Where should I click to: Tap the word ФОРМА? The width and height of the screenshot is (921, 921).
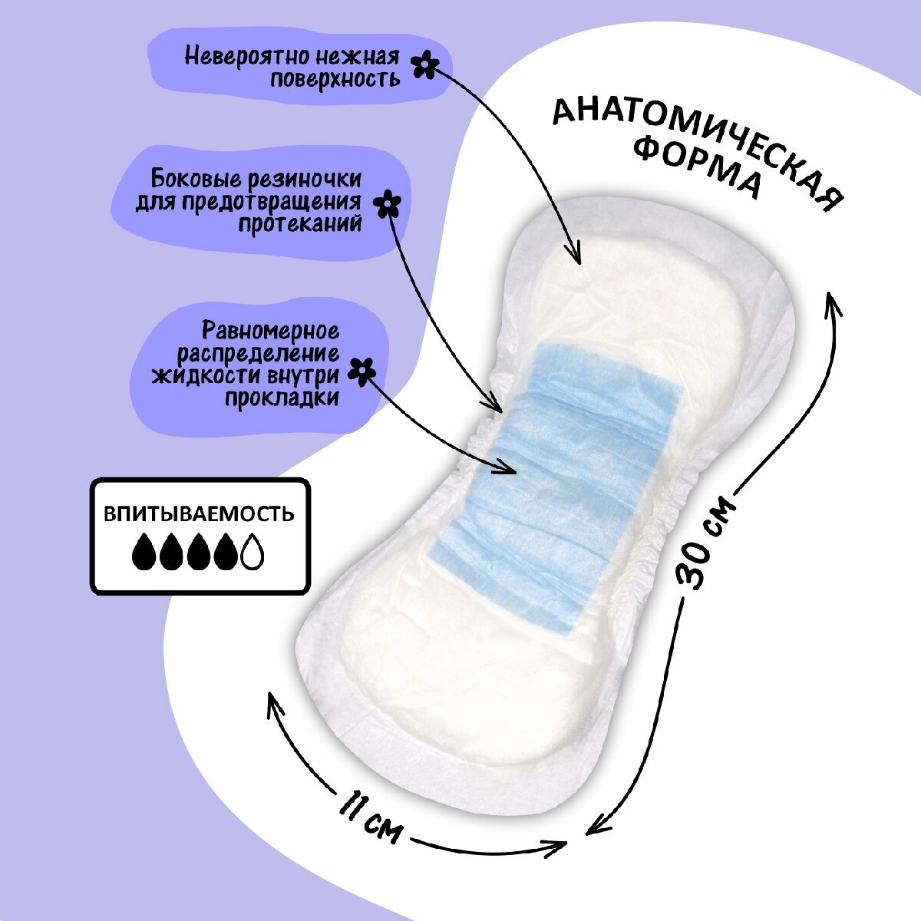point(698,170)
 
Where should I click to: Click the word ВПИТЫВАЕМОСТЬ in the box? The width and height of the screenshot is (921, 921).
point(200,513)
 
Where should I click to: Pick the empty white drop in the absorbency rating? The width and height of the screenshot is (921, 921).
point(253,551)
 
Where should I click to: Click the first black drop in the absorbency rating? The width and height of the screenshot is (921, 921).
point(144,551)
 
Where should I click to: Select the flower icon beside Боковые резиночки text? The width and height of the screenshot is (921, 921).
point(388,203)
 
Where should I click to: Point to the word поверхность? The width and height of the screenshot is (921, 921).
point(335,78)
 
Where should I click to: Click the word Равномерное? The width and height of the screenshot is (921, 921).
point(271,332)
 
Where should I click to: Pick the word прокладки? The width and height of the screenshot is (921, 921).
point(282,397)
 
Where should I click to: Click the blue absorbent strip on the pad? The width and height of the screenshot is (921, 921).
point(553,476)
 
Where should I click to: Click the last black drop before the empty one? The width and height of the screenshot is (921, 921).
point(225,551)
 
